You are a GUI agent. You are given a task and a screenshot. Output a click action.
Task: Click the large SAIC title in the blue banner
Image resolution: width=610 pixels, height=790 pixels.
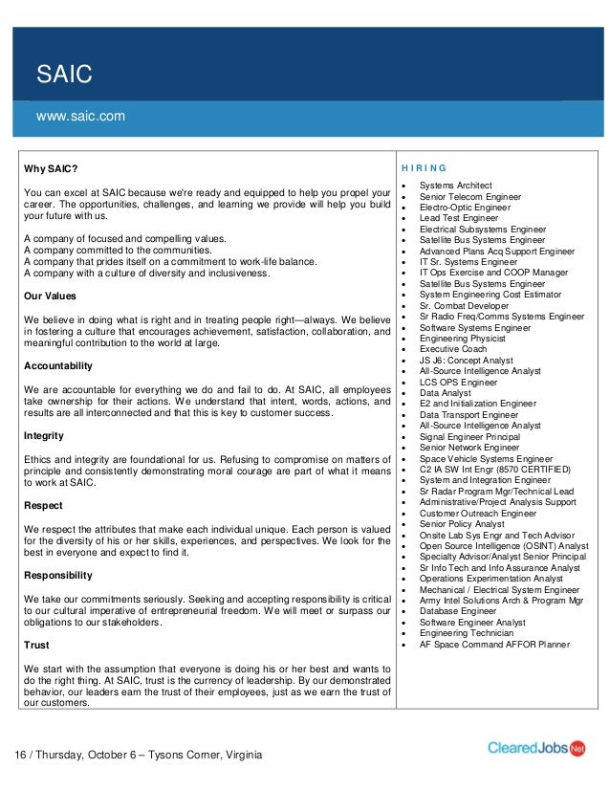[x=63, y=74]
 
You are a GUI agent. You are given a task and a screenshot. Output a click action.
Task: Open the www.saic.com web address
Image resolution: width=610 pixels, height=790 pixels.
[x=80, y=117]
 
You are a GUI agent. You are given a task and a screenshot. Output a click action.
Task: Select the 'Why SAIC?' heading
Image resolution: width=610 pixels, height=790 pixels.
[x=51, y=169]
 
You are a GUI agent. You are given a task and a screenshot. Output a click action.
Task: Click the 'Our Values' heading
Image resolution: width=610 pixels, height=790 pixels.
[x=50, y=296]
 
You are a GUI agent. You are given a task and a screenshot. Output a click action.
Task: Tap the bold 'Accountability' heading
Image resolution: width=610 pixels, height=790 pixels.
[x=58, y=365]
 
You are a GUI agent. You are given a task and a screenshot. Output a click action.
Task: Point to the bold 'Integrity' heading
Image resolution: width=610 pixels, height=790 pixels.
[x=44, y=435]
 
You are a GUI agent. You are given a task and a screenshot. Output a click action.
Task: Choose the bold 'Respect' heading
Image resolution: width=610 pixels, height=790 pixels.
[x=44, y=505]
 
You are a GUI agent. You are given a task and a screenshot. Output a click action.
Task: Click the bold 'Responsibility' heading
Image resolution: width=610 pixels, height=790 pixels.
[x=58, y=575]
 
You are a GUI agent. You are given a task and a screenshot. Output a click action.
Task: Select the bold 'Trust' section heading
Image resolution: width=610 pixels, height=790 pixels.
[x=36, y=645]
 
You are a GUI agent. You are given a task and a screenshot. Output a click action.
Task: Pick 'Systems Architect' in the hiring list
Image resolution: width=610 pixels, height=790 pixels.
[x=455, y=185]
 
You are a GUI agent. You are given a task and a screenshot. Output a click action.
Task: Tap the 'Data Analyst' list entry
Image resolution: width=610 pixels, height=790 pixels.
[x=445, y=392]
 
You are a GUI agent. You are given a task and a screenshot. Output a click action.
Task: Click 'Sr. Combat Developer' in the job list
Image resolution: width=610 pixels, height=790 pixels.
[x=464, y=305]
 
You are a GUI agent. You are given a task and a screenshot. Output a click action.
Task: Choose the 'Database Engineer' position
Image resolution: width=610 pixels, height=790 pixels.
[x=457, y=610]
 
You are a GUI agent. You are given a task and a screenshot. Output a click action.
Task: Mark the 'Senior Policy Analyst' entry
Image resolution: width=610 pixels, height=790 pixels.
[x=462, y=523]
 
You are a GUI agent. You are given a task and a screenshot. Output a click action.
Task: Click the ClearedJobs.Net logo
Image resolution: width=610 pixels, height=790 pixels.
[x=536, y=748]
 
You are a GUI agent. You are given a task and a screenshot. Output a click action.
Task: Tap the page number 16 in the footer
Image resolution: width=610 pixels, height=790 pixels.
[x=20, y=756]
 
